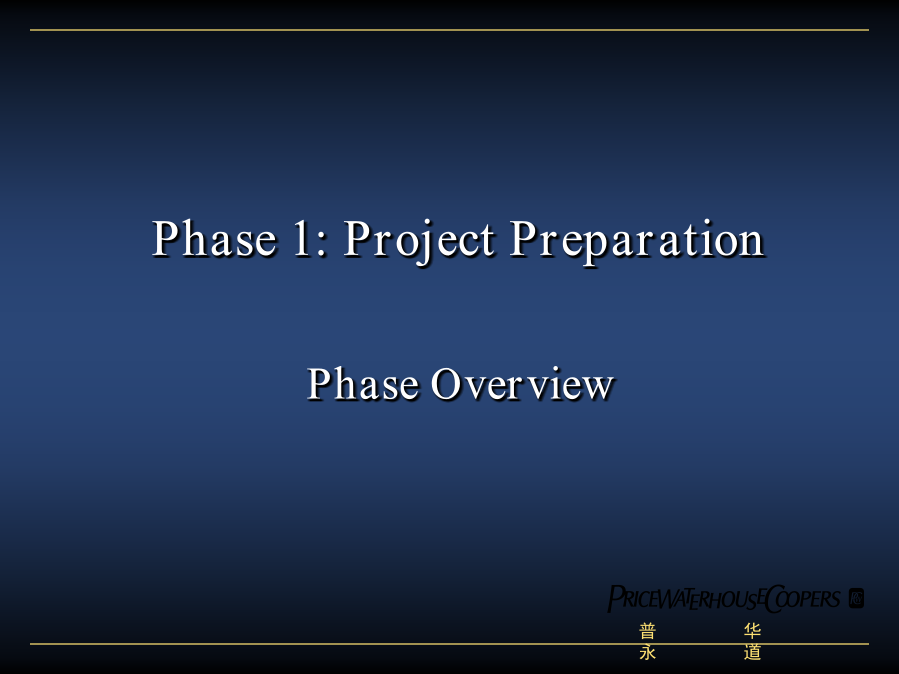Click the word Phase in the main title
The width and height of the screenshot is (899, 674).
click(x=214, y=238)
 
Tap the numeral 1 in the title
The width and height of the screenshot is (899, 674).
click(x=302, y=238)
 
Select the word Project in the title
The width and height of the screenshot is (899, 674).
click(x=420, y=241)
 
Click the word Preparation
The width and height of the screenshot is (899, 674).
click(x=637, y=241)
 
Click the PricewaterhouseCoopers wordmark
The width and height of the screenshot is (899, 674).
click(x=724, y=599)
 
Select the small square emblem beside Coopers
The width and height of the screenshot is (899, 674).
click(x=856, y=598)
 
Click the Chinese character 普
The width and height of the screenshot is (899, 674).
click(x=648, y=632)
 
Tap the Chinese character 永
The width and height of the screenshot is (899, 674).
click(x=648, y=652)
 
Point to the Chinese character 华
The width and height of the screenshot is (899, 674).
click(x=752, y=632)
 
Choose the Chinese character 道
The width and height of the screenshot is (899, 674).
click(x=752, y=652)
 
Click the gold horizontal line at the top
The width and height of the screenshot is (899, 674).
click(x=449, y=30)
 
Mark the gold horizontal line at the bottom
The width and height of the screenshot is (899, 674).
click(x=449, y=644)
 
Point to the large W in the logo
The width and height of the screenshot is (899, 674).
click(x=671, y=599)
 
